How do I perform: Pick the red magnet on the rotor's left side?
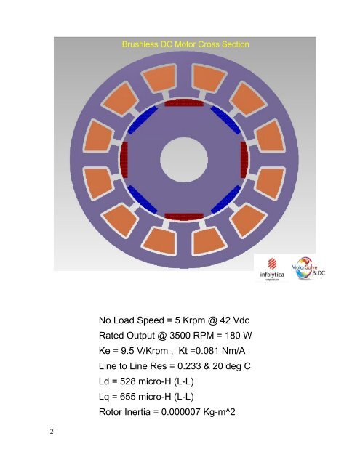click(124, 160)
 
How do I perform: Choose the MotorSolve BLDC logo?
click(312, 270)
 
